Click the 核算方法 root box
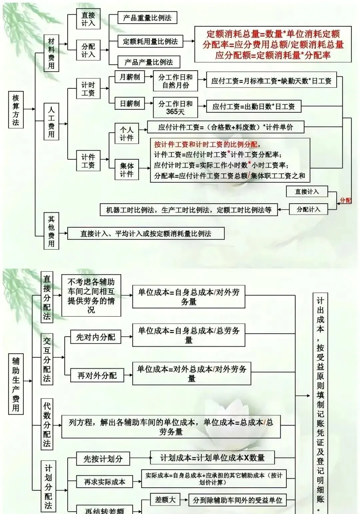point(16,110)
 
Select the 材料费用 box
point(51,53)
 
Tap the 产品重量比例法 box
point(147,18)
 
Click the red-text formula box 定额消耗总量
point(273,44)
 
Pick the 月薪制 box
point(130,77)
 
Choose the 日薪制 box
point(130,104)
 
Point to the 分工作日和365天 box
point(175,107)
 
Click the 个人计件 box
point(127,134)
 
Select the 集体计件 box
point(127,170)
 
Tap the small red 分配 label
point(345,200)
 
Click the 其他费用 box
point(51,231)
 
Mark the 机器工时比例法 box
point(189,210)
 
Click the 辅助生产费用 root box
point(16,384)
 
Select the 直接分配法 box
point(47,297)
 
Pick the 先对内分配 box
point(96,337)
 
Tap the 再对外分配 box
point(97,375)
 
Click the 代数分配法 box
point(47,424)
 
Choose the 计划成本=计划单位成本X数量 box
point(212,458)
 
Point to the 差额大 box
point(165,499)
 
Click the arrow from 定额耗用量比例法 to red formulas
point(189,41)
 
